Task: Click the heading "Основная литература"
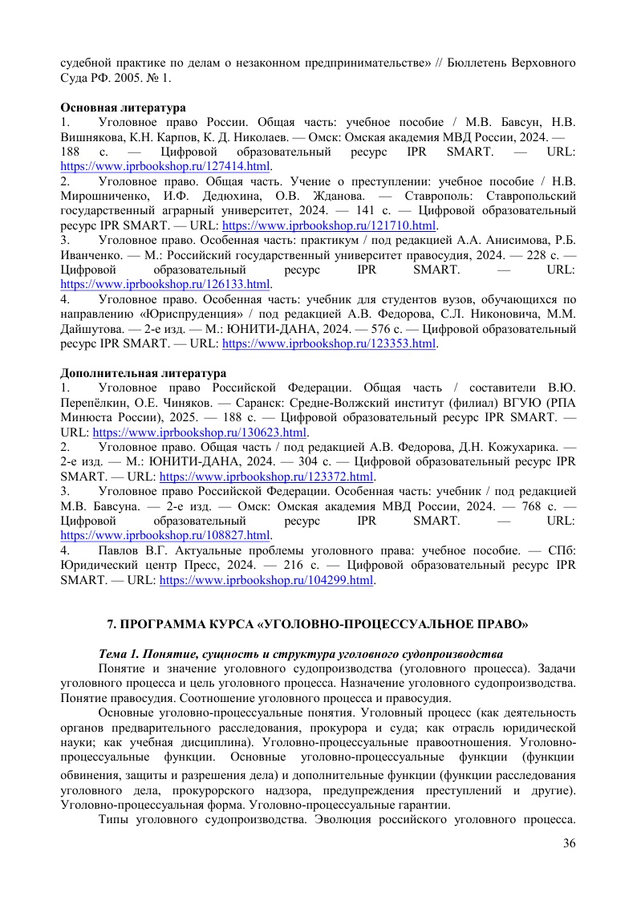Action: [x=124, y=108]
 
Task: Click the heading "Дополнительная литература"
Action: [x=144, y=373]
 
